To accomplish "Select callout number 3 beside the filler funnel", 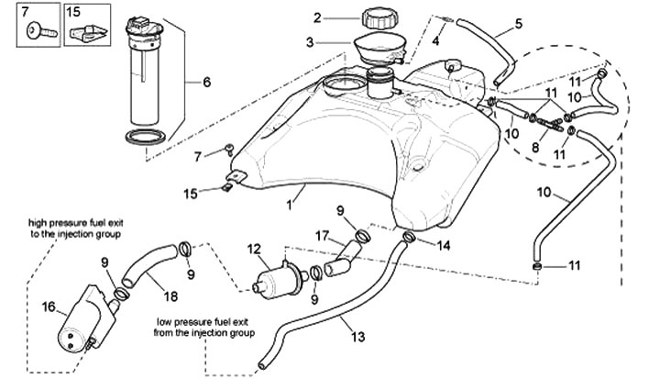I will coord(310,41).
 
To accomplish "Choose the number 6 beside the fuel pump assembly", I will coord(207,82).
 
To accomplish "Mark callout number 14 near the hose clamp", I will coord(443,245).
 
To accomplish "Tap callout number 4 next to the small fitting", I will coord(436,41).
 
